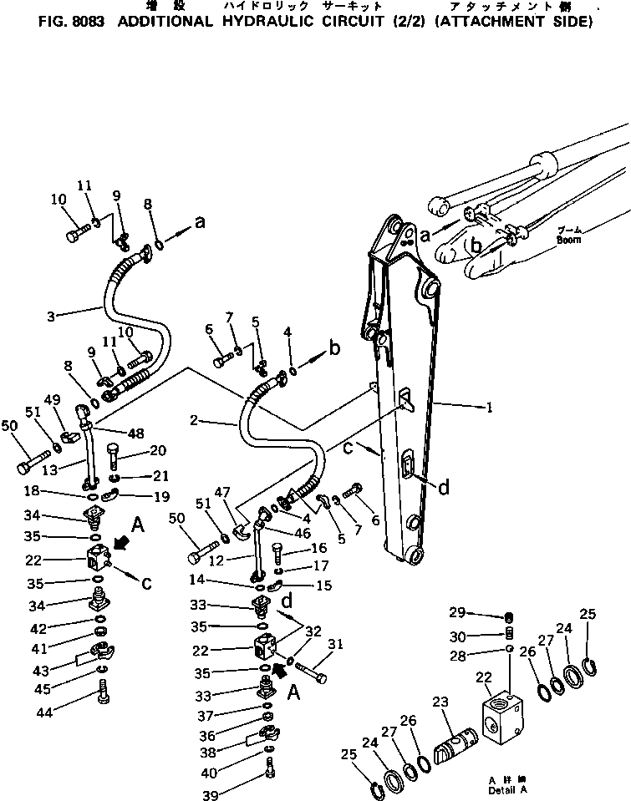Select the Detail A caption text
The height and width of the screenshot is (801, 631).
508,789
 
